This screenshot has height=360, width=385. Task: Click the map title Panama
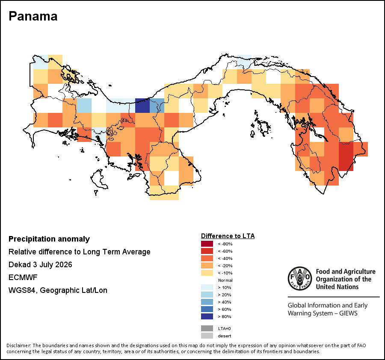click(x=33, y=16)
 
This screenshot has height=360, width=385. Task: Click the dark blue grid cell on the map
click(x=142, y=106)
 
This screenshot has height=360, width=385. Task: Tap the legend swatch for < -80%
click(x=207, y=244)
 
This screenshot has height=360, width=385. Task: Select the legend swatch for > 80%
click(x=207, y=316)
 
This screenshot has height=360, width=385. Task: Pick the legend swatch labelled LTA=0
click(x=207, y=328)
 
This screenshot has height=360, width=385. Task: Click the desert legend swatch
click(x=207, y=336)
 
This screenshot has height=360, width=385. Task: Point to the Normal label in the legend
click(x=225, y=280)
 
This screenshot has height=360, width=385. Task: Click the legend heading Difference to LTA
click(x=228, y=236)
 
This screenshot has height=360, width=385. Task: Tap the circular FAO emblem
click(x=300, y=278)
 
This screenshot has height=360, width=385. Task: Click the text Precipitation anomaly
click(x=49, y=239)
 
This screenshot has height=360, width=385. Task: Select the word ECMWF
click(x=23, y=277)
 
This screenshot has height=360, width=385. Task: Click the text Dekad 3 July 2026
click(x=40, y=265)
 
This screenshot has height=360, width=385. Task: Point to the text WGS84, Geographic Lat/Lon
click(x=58, y=290)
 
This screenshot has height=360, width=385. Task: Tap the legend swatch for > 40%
click(x=207, y=302)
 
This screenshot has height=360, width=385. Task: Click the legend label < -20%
click(x=225, y=266)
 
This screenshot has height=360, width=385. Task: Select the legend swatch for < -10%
click(x=207, y=273)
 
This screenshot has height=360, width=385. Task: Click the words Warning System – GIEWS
click(x=323, y=313)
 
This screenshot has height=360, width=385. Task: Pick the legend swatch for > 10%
click(x=207, y=287)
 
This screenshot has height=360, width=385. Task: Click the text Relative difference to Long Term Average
click(x=79, y=252)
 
